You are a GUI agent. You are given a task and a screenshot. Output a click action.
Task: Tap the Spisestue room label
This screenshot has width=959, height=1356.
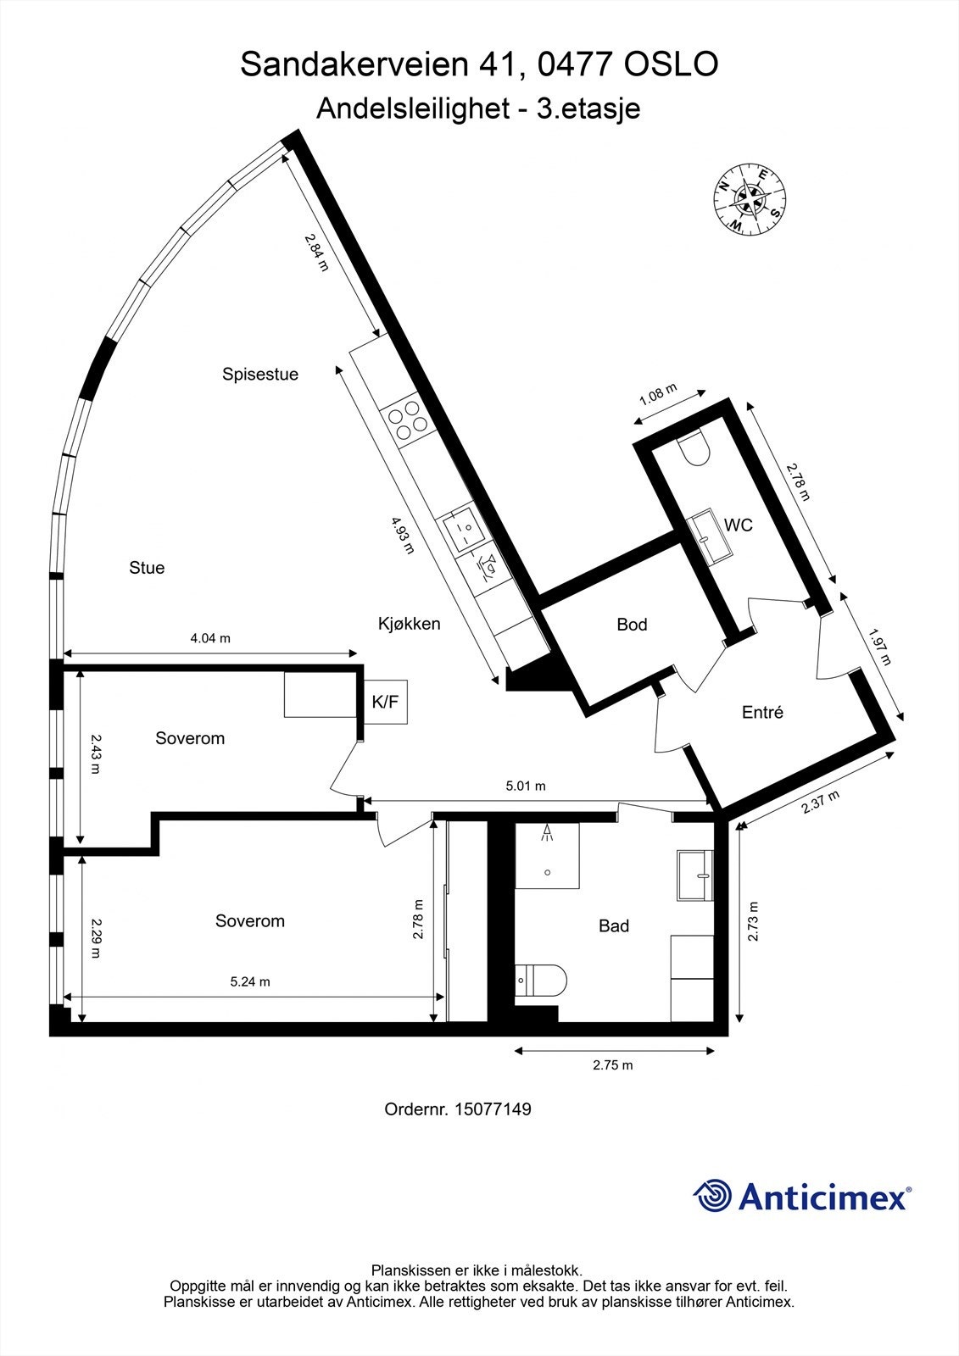click(260, 374)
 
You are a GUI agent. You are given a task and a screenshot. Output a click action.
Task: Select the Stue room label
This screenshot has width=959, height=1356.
click(147, 568)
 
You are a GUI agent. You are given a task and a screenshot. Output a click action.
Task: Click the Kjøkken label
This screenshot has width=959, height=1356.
click(409, 624)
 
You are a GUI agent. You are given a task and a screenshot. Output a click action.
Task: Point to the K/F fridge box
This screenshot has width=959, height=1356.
click(386, 701)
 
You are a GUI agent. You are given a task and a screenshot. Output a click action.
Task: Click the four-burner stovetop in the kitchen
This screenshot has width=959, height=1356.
click(407, 419)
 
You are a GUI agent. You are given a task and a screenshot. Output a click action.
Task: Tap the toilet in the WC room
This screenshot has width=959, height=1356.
click(694, 449)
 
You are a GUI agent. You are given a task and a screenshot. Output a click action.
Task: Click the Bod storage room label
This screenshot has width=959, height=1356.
click(632, 625)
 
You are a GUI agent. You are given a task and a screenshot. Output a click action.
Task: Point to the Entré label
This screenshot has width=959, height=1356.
click(762, 713)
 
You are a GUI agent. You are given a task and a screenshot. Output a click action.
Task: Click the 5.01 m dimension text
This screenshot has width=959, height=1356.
click(525, 786)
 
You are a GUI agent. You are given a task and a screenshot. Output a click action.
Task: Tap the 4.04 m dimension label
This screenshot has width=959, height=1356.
click(209, 638)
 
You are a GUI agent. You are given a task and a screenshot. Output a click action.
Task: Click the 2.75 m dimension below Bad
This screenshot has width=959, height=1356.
click(612, 1065)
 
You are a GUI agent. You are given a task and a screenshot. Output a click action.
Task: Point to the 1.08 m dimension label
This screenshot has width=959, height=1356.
click(658, 395)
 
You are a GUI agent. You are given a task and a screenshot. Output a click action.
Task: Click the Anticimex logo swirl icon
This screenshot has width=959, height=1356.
click(713, 1196)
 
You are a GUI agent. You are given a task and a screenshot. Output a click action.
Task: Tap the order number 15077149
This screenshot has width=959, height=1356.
click(493, 1109)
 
